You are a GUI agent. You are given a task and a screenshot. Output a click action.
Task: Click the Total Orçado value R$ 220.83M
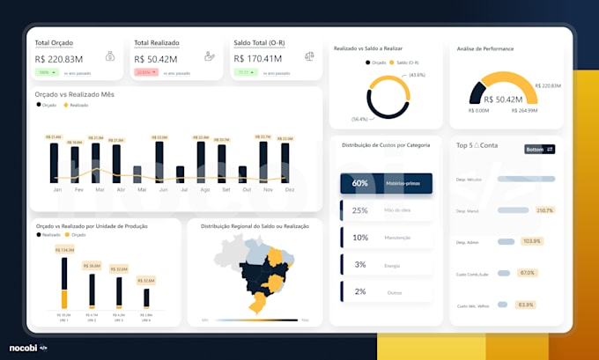tap(59, 59)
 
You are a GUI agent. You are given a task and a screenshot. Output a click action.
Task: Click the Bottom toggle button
tap(539, 149)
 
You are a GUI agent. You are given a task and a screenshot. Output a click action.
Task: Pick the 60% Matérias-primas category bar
tap(386, 183)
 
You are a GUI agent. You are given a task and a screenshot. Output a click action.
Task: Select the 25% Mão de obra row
tap(386, 210)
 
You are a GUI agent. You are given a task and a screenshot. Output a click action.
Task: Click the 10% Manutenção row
tap(386, 238)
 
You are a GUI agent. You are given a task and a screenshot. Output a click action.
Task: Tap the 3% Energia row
tap(386, 264)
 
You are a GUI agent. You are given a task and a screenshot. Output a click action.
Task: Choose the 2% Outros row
tap(386, 291)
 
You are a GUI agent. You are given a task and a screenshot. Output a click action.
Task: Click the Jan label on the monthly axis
tap(57, 190)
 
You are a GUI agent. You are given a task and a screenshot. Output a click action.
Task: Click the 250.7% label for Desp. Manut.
tap(544, 210)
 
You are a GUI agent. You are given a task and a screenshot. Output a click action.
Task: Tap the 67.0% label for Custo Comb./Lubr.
tap(528, 273)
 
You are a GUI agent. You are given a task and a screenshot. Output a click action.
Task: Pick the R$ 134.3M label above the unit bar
tap(64, 250)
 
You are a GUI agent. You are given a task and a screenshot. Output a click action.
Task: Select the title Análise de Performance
tap(484, 48)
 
